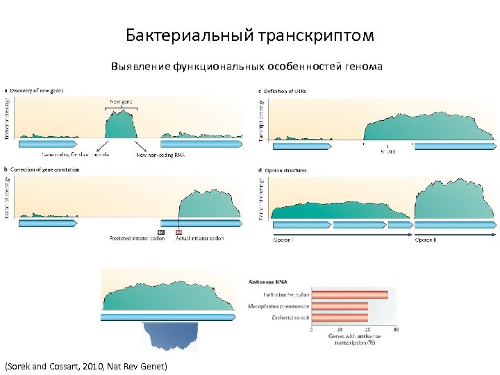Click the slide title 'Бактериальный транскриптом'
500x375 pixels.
coord(250,35)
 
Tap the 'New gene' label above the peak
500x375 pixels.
coord(122,101)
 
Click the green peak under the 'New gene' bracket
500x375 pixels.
coord(120,125)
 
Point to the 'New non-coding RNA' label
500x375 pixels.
coord(161,155)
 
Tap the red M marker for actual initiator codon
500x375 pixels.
coord(179,232)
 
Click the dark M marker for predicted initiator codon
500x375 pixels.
coord(161,232)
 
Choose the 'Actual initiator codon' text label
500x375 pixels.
coord(199,238)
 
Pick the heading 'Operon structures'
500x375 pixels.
coord(285,170)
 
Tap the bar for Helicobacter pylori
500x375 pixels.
coord(350,294)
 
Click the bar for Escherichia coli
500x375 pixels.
coord(340,317)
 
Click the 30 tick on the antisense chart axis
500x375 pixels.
coord(395,329)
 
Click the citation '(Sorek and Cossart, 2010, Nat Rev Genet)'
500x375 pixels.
coord(86,365)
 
